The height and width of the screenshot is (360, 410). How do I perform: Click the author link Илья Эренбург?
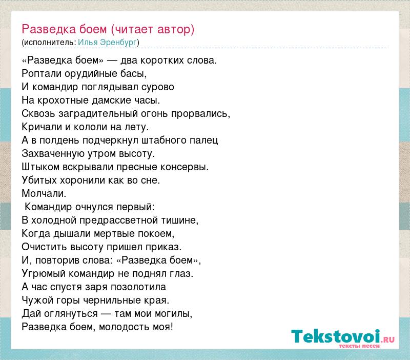(x=108, y=43)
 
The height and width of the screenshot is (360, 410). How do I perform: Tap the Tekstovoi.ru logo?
(x=343, y=338)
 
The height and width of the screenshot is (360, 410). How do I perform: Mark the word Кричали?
(x=42, y=127)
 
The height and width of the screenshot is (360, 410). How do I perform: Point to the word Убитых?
(x=39, y=181)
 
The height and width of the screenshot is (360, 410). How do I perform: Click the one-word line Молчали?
(x=44, y=194)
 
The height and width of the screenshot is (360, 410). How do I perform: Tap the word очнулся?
(x=94, y=207)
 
